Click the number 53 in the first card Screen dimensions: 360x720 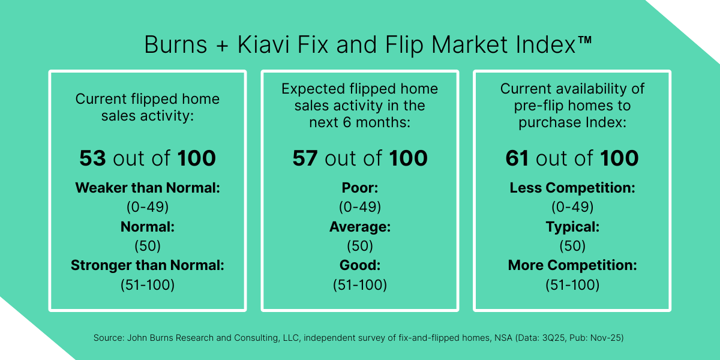92,158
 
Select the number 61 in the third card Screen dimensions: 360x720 518,158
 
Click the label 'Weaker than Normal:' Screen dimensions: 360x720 148,188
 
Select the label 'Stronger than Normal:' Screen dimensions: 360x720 148,265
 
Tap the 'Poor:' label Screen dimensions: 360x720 360,188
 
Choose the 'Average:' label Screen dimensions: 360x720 360,227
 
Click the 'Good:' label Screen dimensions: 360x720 360,265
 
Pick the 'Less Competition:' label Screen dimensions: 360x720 572,188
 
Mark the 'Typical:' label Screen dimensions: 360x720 572,227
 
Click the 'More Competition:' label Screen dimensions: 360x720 572,265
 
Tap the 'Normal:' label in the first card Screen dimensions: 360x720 148,227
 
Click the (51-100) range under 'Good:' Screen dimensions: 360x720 360,285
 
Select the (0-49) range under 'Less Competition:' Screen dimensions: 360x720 572,207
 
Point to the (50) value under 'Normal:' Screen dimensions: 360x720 148,246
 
